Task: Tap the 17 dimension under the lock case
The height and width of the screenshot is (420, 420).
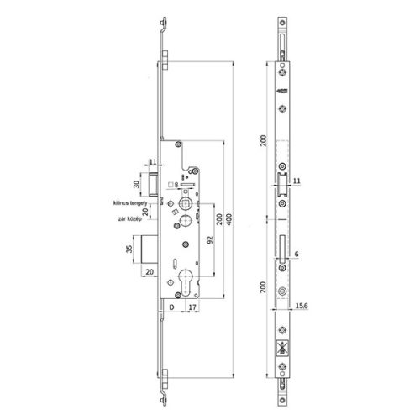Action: [192, 308]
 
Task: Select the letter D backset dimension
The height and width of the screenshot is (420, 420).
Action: [171, 308]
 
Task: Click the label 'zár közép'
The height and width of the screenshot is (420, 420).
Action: [127, 218]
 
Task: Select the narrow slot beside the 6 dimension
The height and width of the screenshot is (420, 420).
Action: [280, 248]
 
